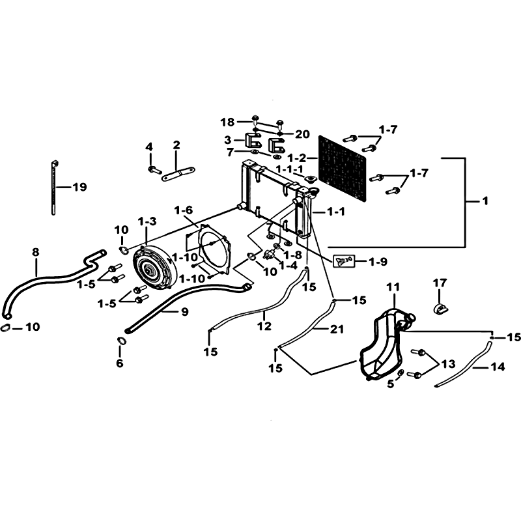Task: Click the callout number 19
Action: pyautogui.click(x=79, y=188)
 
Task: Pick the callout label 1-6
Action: pyautogui.click(x=184, y=210)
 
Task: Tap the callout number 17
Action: pyautogui.click(x=440, y=283)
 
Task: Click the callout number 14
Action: pyautogui.click(x=498, y=367)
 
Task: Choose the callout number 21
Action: pyautogui.click(x=336, y=330)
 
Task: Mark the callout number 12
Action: pyautogui.click(x=264, y=327)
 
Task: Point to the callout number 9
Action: pyautogui.click(x=184, y=312)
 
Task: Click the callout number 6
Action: pyautogui.click(x=120, y=363)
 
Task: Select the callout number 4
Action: pyautogui.click(x=148, y=147)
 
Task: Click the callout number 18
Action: pyautogui.click(x=227, y=122)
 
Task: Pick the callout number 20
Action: pyautogui.click(x=302, y=134)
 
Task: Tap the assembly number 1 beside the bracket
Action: pyautogui.click(x=485, y=202)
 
